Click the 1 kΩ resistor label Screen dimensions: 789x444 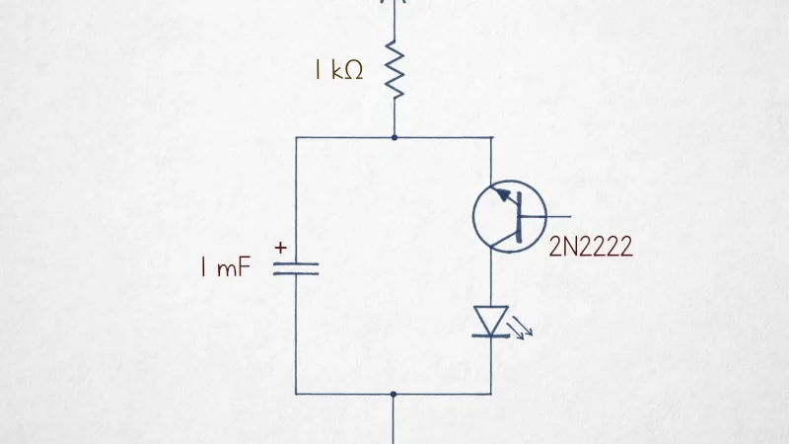coord(338,70)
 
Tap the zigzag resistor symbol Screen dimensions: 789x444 coord(394,70)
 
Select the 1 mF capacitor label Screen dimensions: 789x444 coord(226,266)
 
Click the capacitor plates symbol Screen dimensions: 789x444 coord(296,268)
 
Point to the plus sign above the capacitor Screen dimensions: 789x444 coord(281,248)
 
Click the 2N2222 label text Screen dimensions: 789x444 coord(591,248)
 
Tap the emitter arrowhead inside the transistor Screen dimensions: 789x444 coord(503,194)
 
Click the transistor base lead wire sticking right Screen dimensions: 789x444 coord(545,216)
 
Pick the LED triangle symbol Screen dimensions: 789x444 coord(491,320)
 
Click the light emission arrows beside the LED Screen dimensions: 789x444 coord(521,330)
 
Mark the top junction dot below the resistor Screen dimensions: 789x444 coord(394,137)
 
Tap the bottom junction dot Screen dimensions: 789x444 coord(394,395)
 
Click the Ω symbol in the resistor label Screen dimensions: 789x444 coord(354,71)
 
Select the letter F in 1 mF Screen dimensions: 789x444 coord(244,266)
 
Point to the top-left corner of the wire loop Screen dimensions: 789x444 coord(296,137)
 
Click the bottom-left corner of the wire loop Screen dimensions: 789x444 coord(296,394)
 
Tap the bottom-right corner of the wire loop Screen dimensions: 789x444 coord(491,394)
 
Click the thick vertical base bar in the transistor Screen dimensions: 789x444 coord(519,217)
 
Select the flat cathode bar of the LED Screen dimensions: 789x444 coord(491,335)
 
